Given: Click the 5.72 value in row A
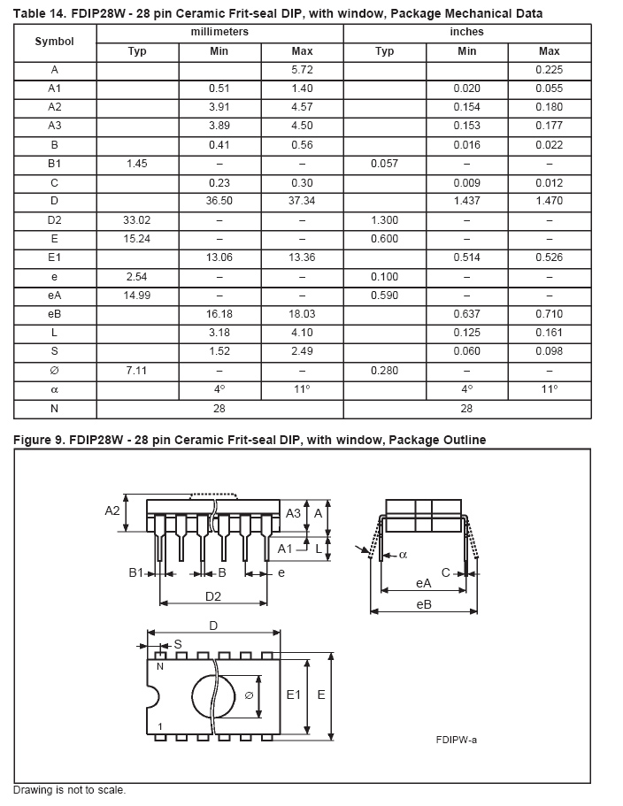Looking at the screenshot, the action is coord(302,70).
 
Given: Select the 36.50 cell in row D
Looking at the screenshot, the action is coord(219,201).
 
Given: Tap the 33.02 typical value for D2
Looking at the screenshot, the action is coord(137,220).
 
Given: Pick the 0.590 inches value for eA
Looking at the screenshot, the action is coord(384,296).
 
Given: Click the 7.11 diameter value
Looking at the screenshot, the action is coord(137,371).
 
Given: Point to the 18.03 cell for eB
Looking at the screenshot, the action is coord(302,314).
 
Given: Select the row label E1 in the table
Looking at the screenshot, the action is coord(55,257).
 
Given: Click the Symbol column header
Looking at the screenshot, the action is coord(55,42).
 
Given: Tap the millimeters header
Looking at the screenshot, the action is coord(219,32).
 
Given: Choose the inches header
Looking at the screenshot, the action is coord(466,32).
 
